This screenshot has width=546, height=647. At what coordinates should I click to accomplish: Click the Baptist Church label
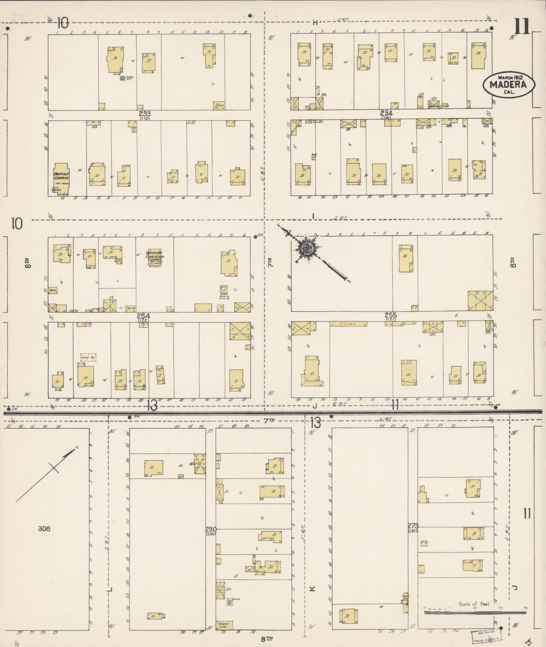(61, 176)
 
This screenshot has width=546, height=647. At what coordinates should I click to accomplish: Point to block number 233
(145, 114)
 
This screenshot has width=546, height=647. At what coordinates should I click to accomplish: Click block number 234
(386, 113)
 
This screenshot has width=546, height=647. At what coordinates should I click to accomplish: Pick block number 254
(144, 316)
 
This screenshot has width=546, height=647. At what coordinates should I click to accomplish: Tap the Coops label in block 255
(348, 324)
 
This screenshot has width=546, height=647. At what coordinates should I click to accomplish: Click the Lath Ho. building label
(88, 357)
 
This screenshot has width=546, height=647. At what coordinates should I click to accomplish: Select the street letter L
(109, 589)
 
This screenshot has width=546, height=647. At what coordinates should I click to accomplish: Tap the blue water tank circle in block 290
(230, 603)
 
